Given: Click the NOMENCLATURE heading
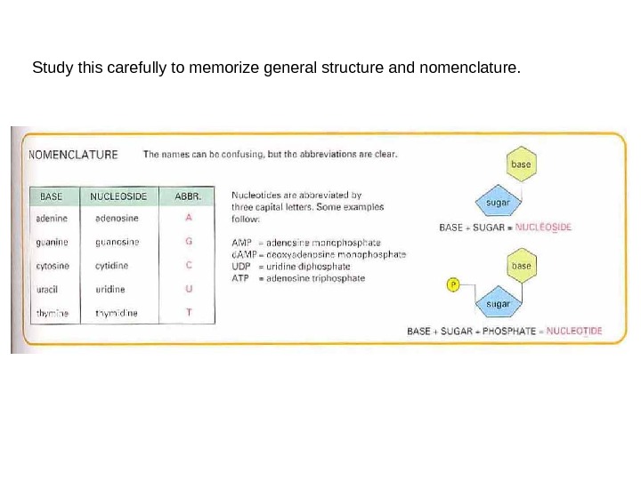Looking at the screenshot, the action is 74,154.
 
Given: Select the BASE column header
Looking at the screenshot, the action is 53,195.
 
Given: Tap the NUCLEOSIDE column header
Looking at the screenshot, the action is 118,195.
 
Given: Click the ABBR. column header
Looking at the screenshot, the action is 188,195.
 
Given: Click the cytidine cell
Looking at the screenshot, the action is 111,266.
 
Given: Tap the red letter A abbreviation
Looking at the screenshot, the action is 188,216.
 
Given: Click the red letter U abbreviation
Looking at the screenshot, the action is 188,289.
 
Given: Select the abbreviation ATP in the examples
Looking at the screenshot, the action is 240,278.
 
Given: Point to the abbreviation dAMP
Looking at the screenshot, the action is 243,254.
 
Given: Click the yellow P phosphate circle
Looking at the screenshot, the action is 452,284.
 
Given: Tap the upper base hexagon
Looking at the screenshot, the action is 521,164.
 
